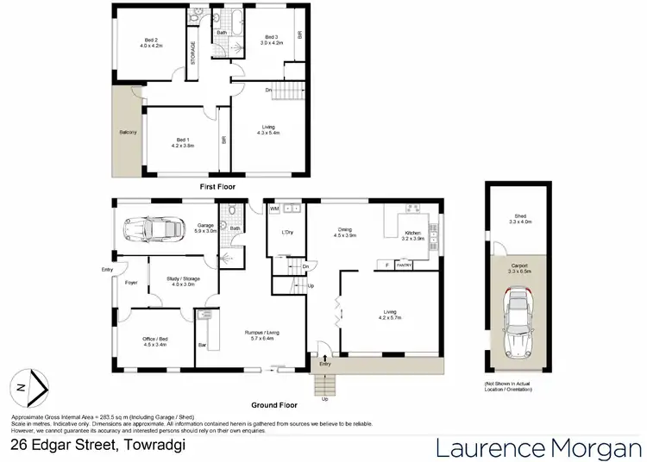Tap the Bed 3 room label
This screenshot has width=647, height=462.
pyautogui.click(x=272, y=40)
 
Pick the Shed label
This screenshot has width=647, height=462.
pyautogui.click(x=519, y=219)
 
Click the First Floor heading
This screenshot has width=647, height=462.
pyautogui.click(x=217, y=186)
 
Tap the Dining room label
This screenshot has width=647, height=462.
pyautogui.click(x=345, y=232)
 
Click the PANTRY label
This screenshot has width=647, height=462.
pyautogui.click(x=403, y=265)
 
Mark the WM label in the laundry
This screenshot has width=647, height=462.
pyautogui.click(x=274, y=208)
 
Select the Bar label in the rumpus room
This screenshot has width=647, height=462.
pyautogui.click(x=204, y=346)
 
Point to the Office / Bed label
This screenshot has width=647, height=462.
pyautogui.click(x=155, y=341)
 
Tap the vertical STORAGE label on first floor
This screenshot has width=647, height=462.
pyautogui.click(x=194, y=54)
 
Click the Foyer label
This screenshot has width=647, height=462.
pyautogui.click(x=132, y=283)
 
